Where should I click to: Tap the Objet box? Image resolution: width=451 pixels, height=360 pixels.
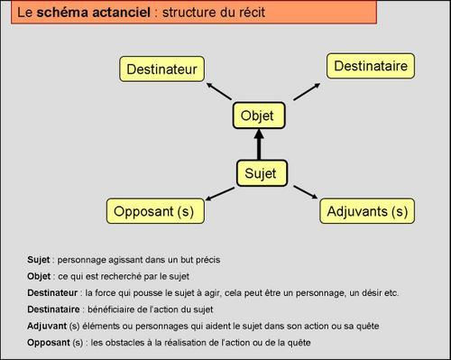pyautogui.click(x=258, y=115)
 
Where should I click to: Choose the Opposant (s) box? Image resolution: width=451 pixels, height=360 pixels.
pyautogui.click(x=154, y=212)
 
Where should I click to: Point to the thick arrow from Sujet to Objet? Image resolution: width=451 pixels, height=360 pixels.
pyautogui.click(x=259, y=144)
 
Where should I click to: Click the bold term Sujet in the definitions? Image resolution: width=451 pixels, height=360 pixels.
pyautogui.click(x=39, y=260)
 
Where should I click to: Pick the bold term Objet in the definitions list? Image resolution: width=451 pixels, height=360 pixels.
pyautogui.click(x=39, y=276)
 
